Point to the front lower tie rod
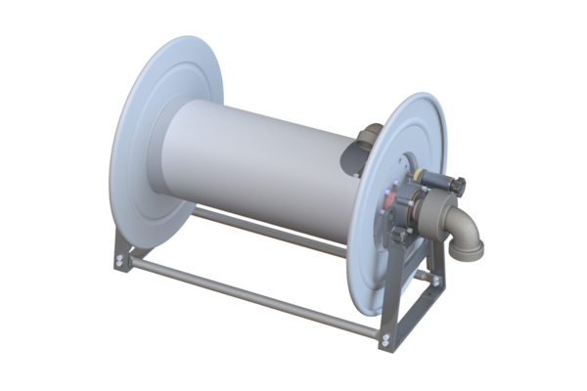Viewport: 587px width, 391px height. pyautogui.click(x=254, y=302)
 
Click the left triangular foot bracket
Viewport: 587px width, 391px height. pyautogui.click(x=121, y=252)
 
